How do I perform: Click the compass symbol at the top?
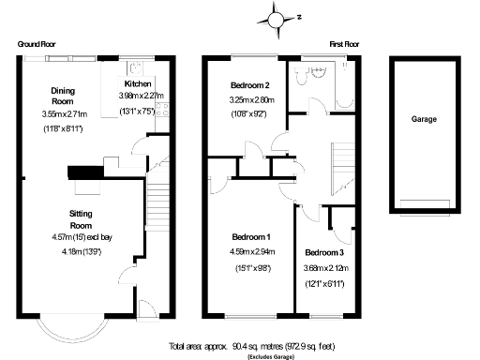[x=274, y=17]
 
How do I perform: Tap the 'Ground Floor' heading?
[x=36, y=44]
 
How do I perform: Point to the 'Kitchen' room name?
[x=139, y=82]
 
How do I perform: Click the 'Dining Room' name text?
[x=62, y=95]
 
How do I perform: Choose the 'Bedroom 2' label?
[x=249, y=86]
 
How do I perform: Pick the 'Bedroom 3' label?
[x=323, y=253]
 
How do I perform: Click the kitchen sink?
[x=135, y=67]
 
